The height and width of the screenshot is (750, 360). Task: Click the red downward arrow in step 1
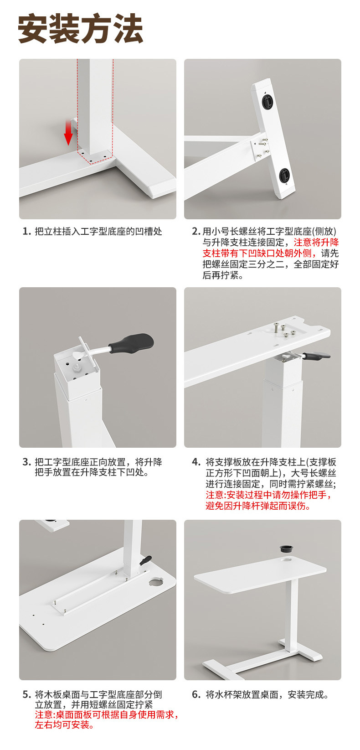click(68, 133)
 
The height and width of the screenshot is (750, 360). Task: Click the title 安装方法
click(80, 28)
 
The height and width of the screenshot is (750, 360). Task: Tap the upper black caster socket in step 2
click(268, 100)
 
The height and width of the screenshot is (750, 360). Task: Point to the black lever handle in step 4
click(317, 356)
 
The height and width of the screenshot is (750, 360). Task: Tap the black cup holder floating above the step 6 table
click(287, 549)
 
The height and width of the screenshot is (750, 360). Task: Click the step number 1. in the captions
click(27, 231)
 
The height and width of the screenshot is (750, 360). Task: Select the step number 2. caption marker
click(196, 231)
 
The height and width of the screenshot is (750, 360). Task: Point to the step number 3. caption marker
click(27, 462)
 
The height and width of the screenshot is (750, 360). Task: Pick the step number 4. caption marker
click(196, 462)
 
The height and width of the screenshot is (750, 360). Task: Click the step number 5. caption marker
click(27, 694)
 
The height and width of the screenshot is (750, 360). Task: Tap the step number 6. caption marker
click(196, 694)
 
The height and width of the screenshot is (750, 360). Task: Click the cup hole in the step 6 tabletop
click(288, 559)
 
